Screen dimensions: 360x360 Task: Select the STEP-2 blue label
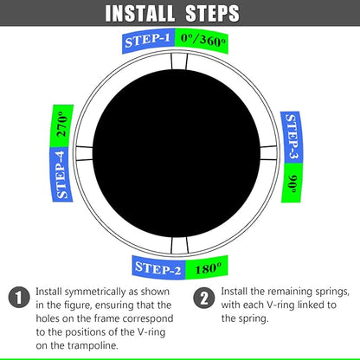[x=158, y=269]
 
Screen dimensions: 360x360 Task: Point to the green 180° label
[x=208, y=267]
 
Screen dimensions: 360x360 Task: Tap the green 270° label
[x=61, y=126]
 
